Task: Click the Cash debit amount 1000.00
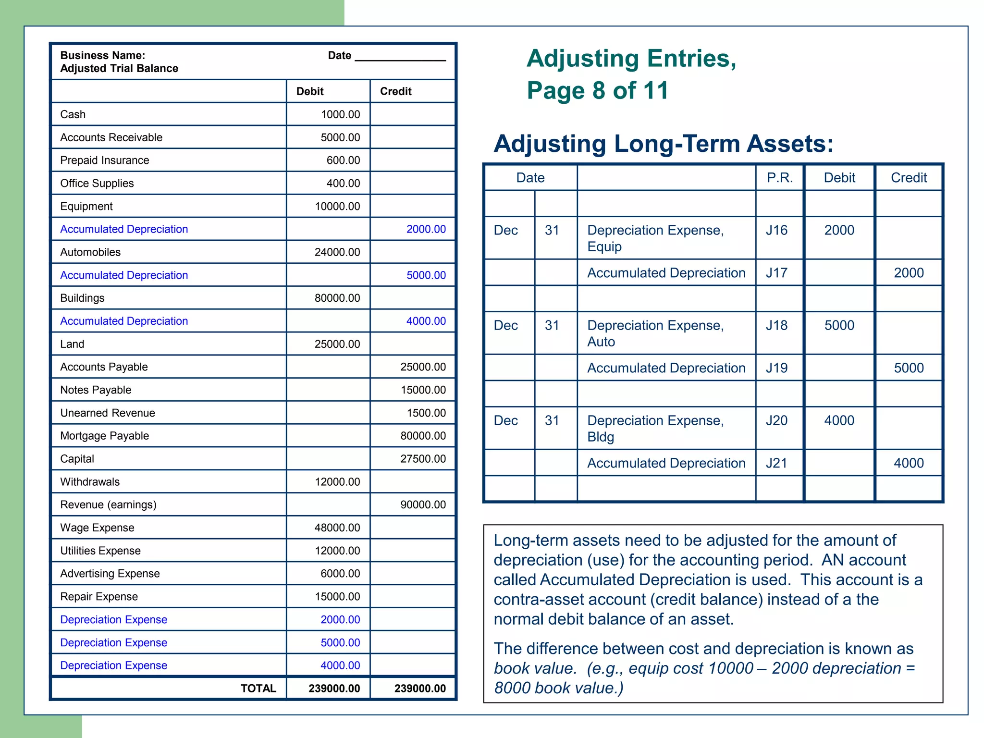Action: (x=340, y=114)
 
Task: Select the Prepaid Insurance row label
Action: (x=104, y=160)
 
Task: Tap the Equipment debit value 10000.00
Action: (x=337, y=206)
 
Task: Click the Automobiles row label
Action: (x=90, y=252)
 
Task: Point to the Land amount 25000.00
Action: (x=337, y=344)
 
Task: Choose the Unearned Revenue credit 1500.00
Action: (x=426, y=413)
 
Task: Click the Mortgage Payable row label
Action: (x=104, y=436)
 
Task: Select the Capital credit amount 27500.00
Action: (x=423, y=459)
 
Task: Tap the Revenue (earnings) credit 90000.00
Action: (x=423, y=504)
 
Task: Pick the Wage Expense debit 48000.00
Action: (x=337, y=528)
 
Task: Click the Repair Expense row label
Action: (x=99, y=596)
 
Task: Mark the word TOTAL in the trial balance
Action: (x=258, y=689)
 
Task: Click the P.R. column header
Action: (x=779, y=178)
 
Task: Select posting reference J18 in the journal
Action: (x=776, y=325)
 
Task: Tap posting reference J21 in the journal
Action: (x=776, y=463)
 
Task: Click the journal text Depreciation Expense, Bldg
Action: (x=655, y=428)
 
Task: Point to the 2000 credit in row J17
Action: (x=909, y=273)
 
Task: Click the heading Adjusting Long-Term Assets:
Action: (x=664, y=144)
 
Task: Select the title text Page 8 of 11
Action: (x=597, y=90)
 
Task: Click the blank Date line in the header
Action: (x=400, y=57)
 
